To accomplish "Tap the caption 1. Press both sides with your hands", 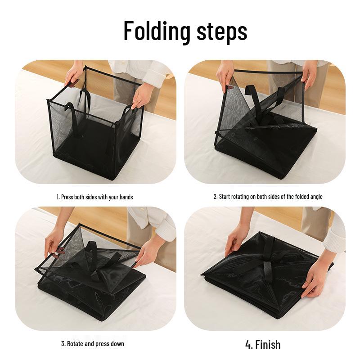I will point(94,197).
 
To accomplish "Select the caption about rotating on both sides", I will point(268,197).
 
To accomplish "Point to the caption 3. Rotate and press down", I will point(93,344).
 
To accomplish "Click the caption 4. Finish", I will point(263,345).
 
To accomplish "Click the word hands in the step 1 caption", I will point(126,197).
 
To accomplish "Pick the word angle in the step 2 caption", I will point(316,197).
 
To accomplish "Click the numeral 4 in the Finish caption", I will point(248,345).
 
